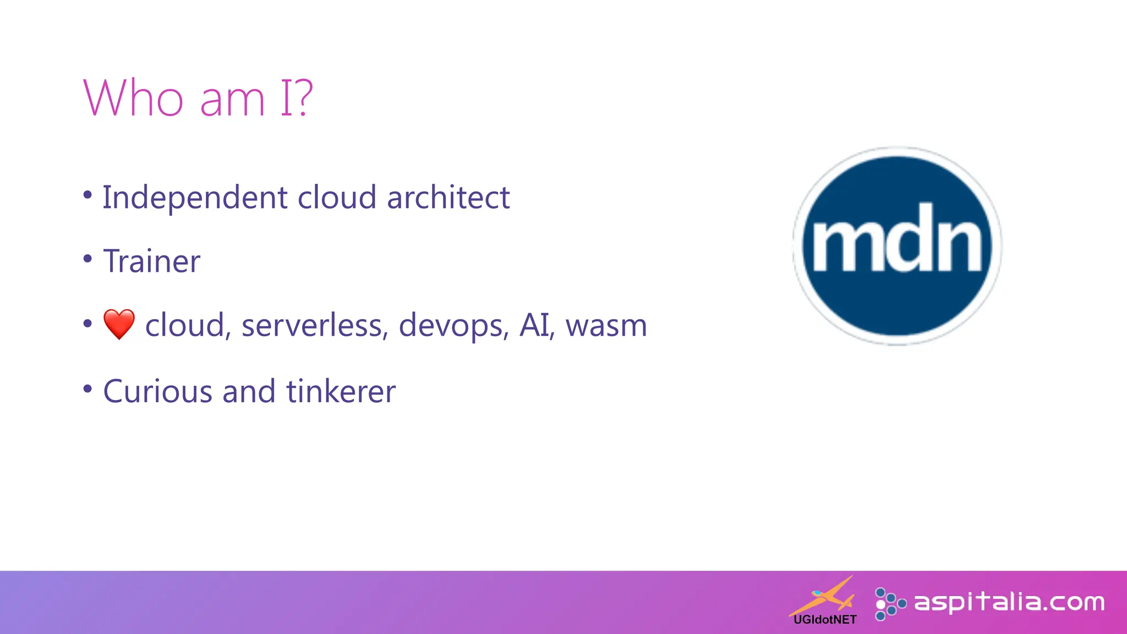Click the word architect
point(448,198)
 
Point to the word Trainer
point(152,261)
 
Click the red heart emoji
point(119,324)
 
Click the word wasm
point(606,325)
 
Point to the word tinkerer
point(341,391)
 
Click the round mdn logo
point(897,246)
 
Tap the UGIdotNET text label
point(825,620)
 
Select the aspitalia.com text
point(1009,602)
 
